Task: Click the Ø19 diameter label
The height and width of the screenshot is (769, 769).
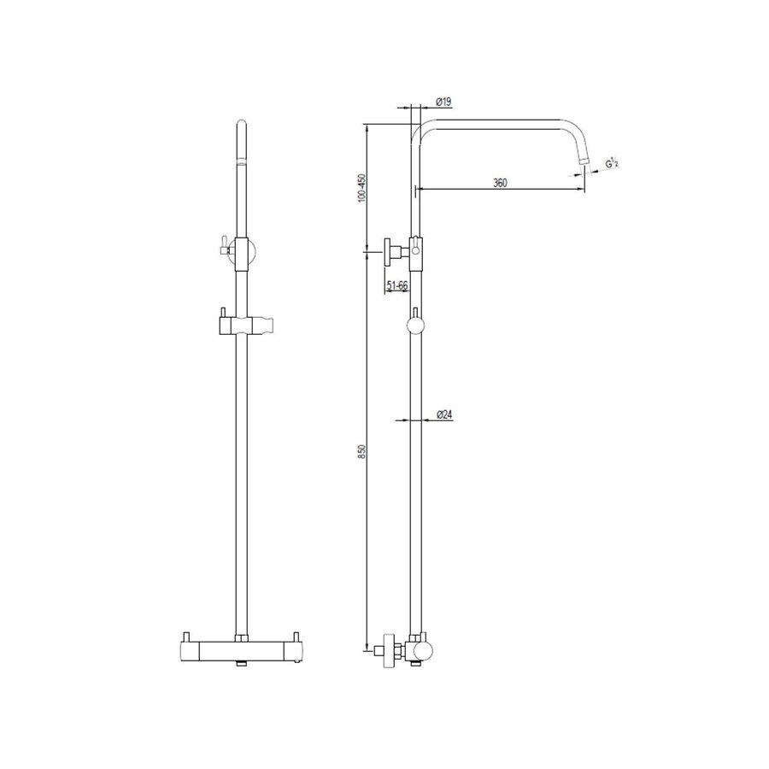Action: point(443,102)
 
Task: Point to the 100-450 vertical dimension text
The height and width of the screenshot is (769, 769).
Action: point(361,188)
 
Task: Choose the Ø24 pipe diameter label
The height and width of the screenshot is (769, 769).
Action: point(443,414)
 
